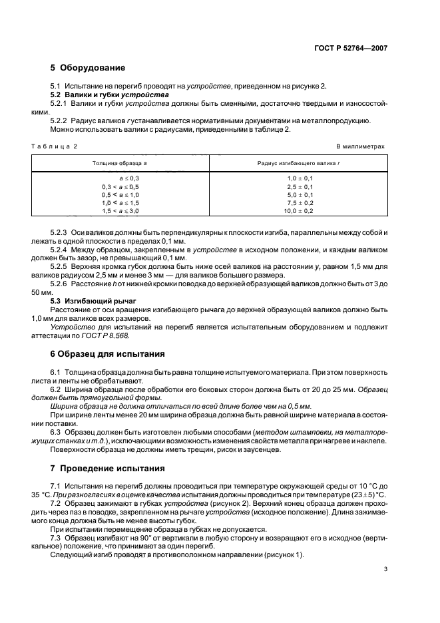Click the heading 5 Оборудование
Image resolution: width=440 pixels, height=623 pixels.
tap(87, 68)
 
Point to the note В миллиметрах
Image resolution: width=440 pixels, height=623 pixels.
tap(360, 146)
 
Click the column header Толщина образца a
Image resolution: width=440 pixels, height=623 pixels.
tap(120, 163)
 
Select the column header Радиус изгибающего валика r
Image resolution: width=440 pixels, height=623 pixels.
tap(299, 163)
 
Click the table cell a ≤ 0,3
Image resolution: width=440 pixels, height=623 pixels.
tap(129, 179)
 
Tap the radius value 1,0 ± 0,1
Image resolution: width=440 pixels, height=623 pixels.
tap(300, 179)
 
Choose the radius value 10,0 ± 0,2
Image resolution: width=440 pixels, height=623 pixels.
tap(300, 211)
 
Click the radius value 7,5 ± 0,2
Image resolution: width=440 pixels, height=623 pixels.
tap(300, 203)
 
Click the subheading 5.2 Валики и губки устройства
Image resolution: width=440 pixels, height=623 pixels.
tap(110, 96)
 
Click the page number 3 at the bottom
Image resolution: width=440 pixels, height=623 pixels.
tap(385, 568)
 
